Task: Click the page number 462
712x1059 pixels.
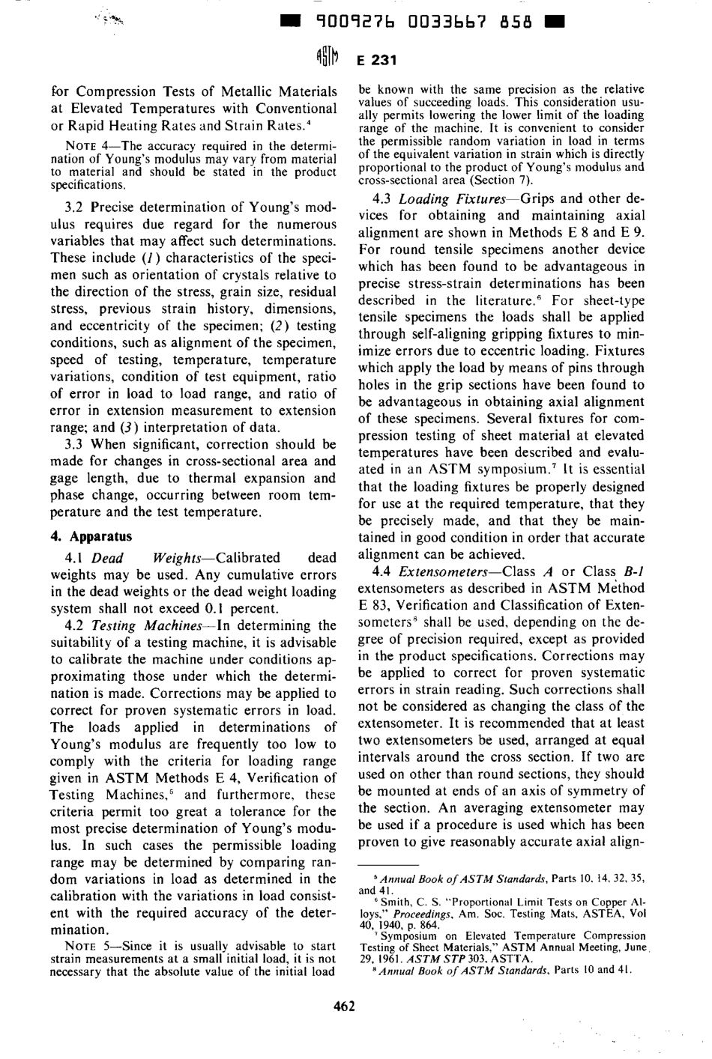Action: point(344,1006)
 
